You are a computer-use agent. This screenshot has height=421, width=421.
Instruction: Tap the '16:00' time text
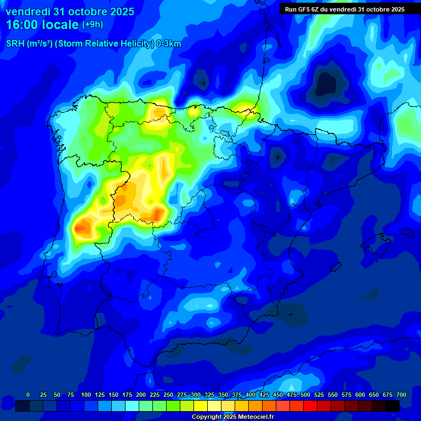pos(22,25)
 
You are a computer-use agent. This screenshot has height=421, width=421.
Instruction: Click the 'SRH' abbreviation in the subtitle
pos(15,44)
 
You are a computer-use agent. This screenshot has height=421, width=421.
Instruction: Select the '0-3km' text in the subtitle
pos(169,44)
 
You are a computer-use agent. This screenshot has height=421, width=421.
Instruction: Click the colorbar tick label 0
pos(28,395)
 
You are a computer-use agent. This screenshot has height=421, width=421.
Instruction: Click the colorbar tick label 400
pos(251,395)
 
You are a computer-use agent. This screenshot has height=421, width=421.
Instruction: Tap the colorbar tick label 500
pos(305,395)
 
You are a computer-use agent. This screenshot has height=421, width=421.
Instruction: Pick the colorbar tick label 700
pos(401,395)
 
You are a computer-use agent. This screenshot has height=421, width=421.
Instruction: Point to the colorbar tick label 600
pos(360,395)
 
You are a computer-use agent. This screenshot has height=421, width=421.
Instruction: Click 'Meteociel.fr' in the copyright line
pos(255,417)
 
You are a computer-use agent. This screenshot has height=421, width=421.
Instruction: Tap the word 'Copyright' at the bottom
pos(206,417)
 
